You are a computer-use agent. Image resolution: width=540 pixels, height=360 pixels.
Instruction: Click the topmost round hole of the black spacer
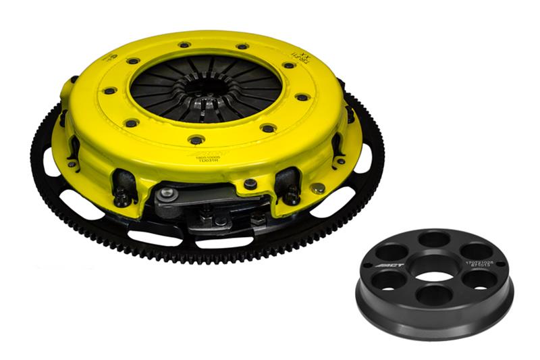(434, 240)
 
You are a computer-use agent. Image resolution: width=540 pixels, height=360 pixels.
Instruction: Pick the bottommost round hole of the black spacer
(434, 294)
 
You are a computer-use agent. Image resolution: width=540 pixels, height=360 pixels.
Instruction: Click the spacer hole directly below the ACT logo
(389, 280)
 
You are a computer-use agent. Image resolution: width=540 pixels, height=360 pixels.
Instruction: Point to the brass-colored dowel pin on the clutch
(318, 188)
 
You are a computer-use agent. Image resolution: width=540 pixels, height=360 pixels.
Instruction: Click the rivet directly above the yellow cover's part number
(196, 140)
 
